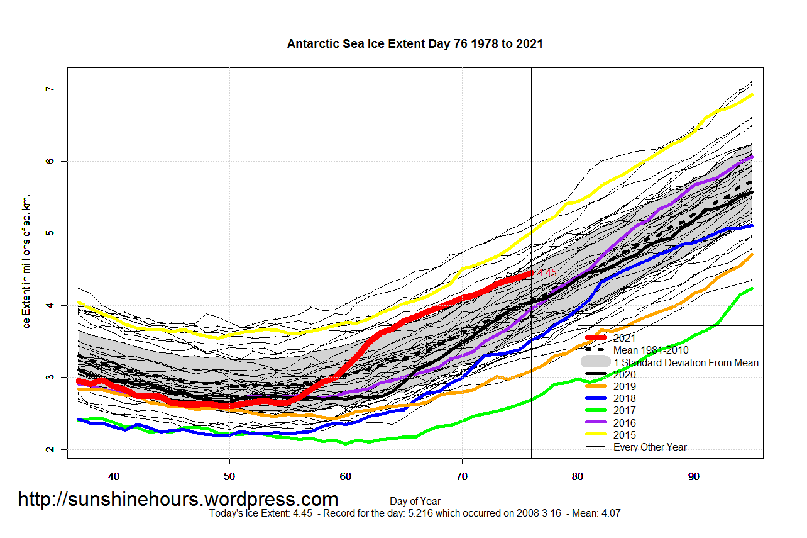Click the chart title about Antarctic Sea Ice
pyautogui.click(x=415, y=44)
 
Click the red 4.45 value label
pyautogui.click(x=547, y=273)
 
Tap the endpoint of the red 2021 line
pyautogui.click(x=530, y=273)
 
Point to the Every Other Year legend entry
pyautogui.click(x=650, y=447)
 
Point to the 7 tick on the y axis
pyautogui.click(x=47, y=89)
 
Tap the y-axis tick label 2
pyautogui.click(x=47, y=449)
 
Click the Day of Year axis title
pyautogui.click(x=415, y=502)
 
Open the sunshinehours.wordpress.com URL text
pyautogui.click(x=178, y=500)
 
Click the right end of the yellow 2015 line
pyautogui.click(x=752, y=95)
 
